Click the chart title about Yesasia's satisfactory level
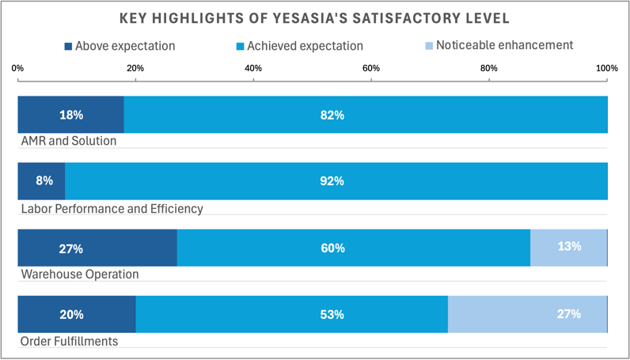tap(314, 17)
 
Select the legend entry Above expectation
tap(120, 47)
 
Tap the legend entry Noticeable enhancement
tap(498, 46)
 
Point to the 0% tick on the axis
tap(17, 69)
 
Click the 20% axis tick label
tap(135, 69)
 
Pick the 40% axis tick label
tap(253, 69)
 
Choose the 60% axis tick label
tap(371, 69)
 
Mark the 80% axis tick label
tap(489, 69)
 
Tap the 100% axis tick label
tap(606, 69)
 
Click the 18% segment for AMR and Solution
tap(70, 115)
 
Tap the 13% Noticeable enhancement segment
tap(568, 247)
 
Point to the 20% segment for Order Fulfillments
tap(76, 314)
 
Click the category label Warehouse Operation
tap(79, 275)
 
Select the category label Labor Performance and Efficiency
tap(111, 209)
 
